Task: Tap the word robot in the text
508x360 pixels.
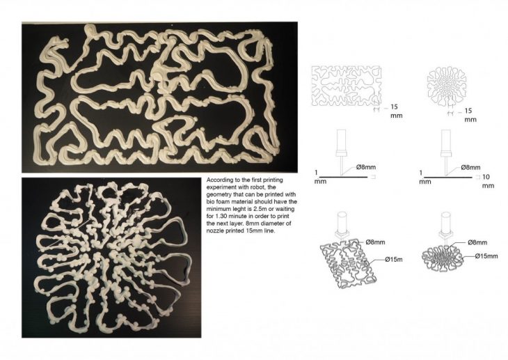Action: [x=260, y=187]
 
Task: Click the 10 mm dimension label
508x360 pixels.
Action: [x=488, y=181]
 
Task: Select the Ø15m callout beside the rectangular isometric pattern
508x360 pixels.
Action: [x=394, y=260]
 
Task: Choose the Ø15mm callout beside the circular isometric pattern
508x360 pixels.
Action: [x=486, y=256]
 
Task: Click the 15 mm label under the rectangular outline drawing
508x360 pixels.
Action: [x=396, y=111]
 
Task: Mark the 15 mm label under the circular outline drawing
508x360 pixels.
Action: [x=470, y=115]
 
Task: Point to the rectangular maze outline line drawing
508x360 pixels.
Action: [x=346, y=86]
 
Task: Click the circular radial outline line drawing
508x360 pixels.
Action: [x=447, y=85]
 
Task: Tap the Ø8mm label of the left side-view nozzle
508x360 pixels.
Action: [x=366, y=167]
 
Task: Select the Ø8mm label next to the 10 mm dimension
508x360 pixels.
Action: [x=470, y=168]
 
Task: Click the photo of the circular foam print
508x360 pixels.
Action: [x=111, y=258]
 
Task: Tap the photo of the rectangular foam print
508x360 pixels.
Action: [x=159, y=97]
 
